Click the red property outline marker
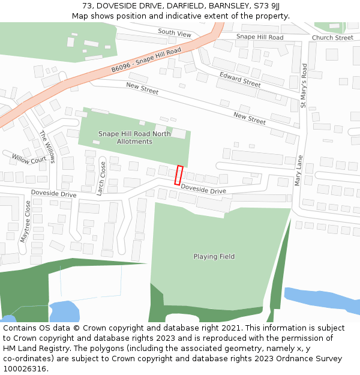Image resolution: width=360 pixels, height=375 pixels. coord(178,175)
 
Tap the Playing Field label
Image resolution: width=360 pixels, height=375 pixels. coord(214,257)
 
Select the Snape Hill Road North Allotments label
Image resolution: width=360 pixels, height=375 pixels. coord(134,138)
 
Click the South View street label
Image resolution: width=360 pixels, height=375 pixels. coord(175,32)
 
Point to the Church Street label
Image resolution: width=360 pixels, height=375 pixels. coord(332,38)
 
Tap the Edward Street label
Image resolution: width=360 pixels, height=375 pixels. coord(240,80)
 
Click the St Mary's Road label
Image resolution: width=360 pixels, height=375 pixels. coord(304,86)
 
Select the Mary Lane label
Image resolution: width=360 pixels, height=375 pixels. coord(298,170)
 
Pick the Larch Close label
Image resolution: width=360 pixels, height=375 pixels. coord(101,178)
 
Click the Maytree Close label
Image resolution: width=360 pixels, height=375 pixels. coord(26,221)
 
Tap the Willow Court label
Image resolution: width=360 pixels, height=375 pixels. coord(29,159)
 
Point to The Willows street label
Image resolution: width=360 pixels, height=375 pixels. coord(47,146)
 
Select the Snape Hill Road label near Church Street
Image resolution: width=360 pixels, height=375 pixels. coord(259,37)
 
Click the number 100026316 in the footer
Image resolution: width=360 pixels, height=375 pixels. coord(25,369)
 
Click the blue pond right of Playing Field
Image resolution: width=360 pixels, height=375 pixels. coord(321,301)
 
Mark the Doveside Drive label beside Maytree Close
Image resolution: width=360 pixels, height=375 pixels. coord(53,194)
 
